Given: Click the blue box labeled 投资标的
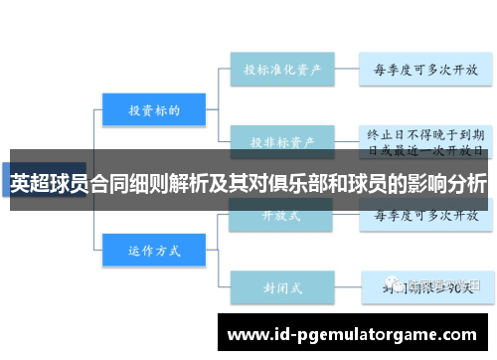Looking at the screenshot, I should pos(153,110).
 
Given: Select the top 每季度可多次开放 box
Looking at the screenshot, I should pos(424,71).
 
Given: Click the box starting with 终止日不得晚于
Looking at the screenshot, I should pos(424,141).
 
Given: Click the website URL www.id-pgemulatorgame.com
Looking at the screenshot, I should pos(352,333).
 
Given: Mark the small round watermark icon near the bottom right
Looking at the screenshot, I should pos(398,285).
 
